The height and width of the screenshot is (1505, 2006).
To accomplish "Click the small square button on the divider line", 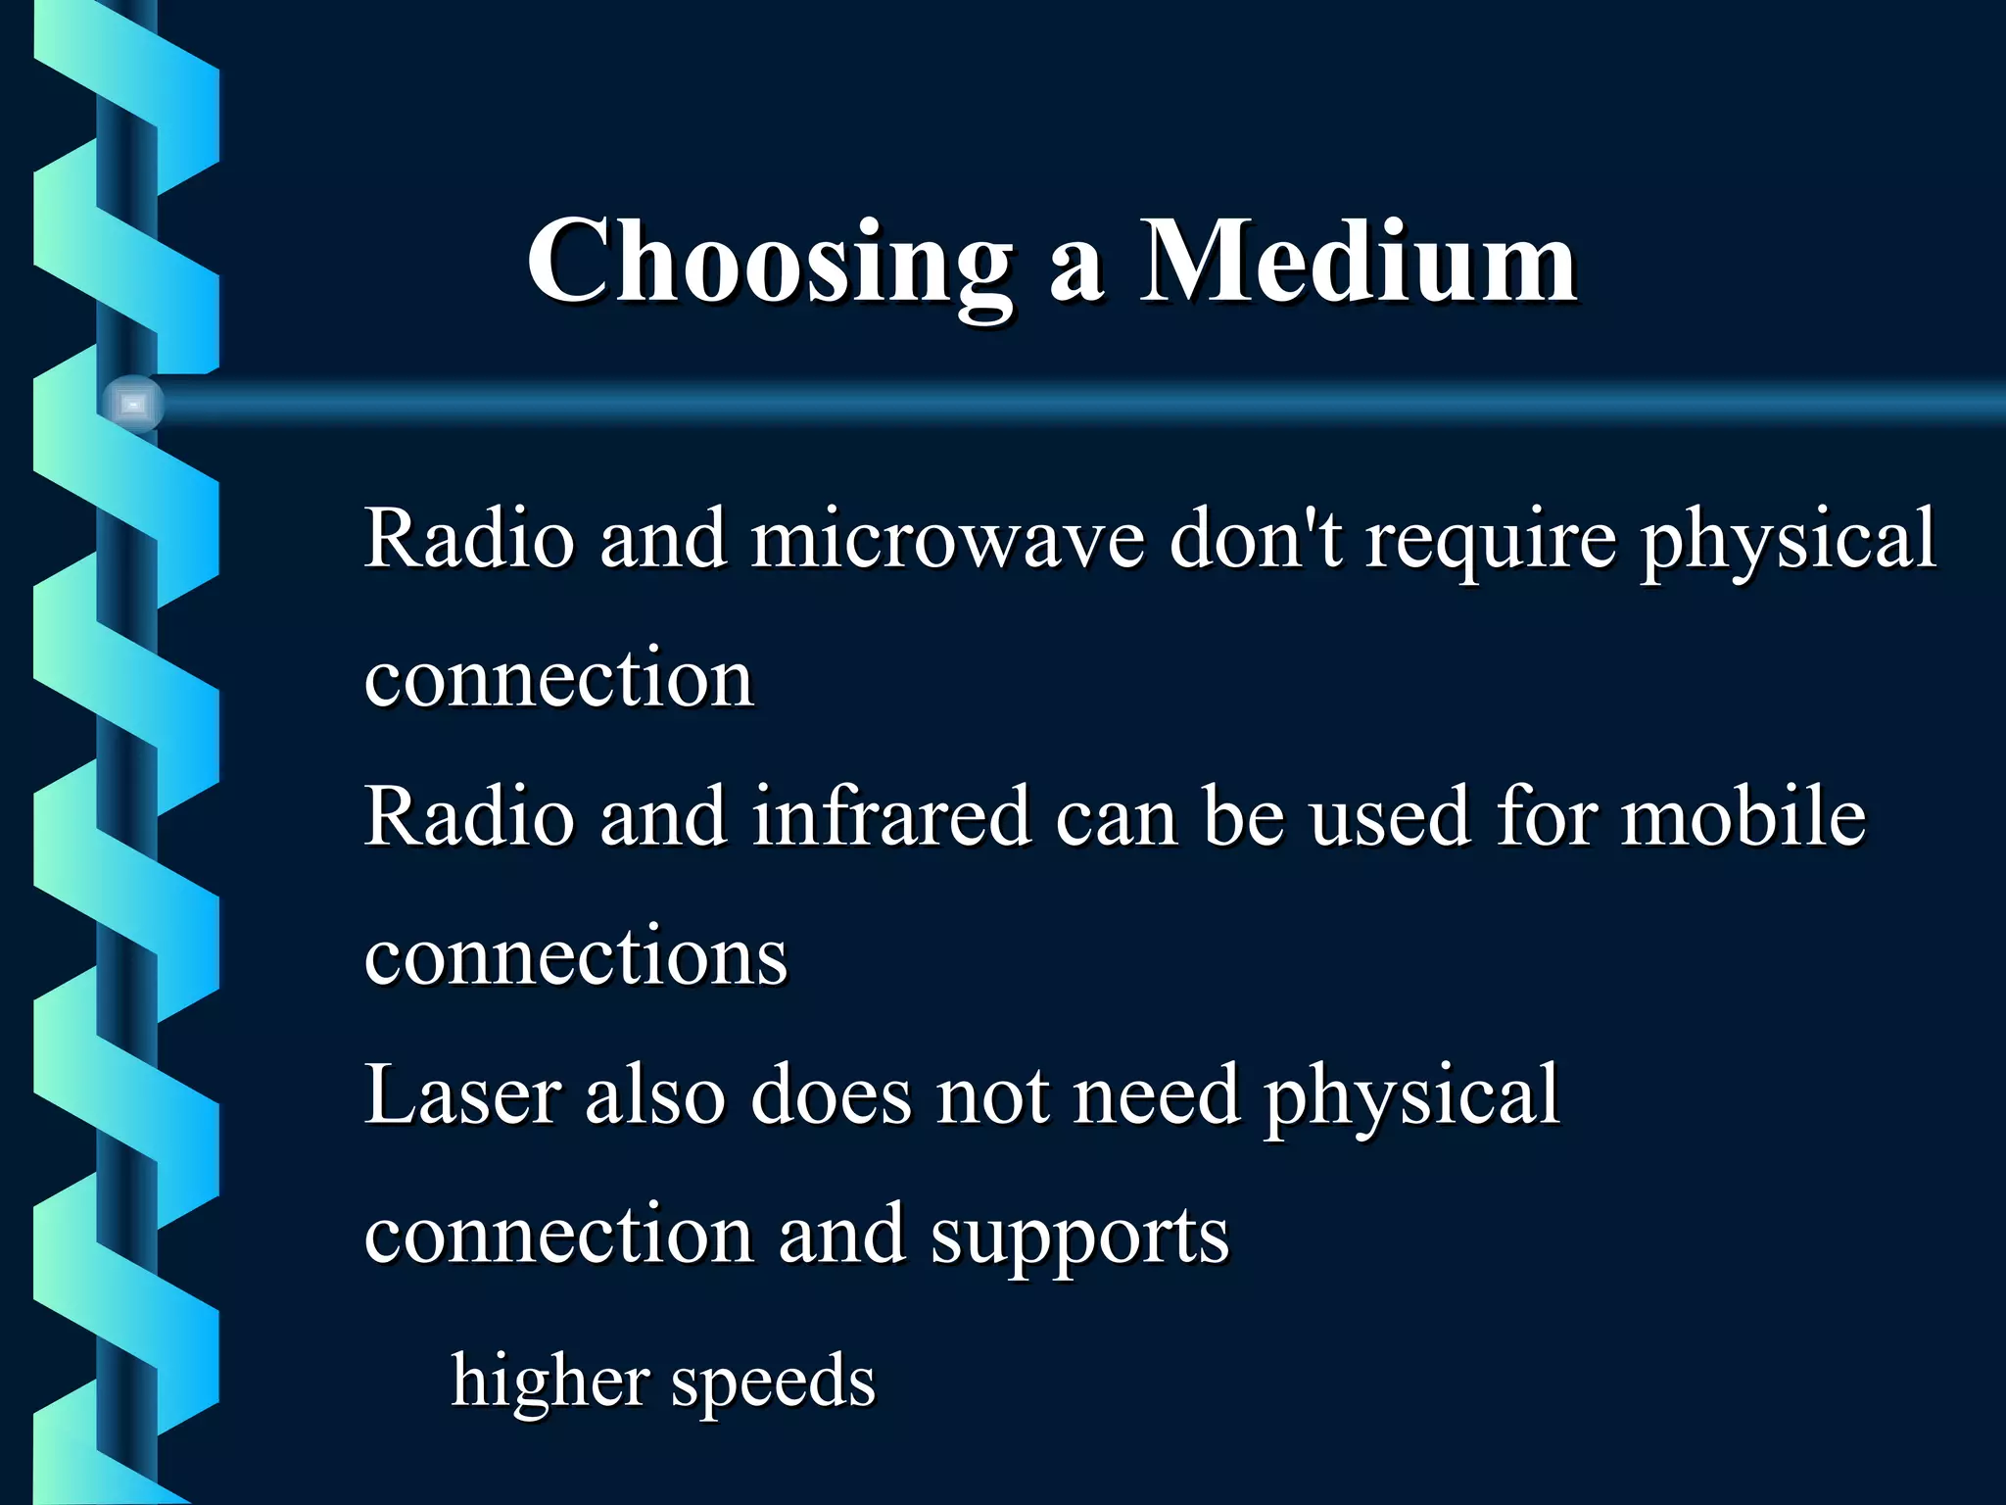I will pos(133,404).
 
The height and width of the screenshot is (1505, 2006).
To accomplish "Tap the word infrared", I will pos(891,816).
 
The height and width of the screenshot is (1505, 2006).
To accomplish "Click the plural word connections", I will pos(576,956).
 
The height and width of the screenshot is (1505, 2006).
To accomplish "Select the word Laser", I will pos(462,1094).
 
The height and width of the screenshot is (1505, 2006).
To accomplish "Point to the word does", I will pos(831,1094).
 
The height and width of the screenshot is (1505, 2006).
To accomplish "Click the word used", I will pos(1390,816).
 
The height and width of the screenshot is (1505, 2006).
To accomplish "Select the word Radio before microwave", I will pos(469,539).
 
